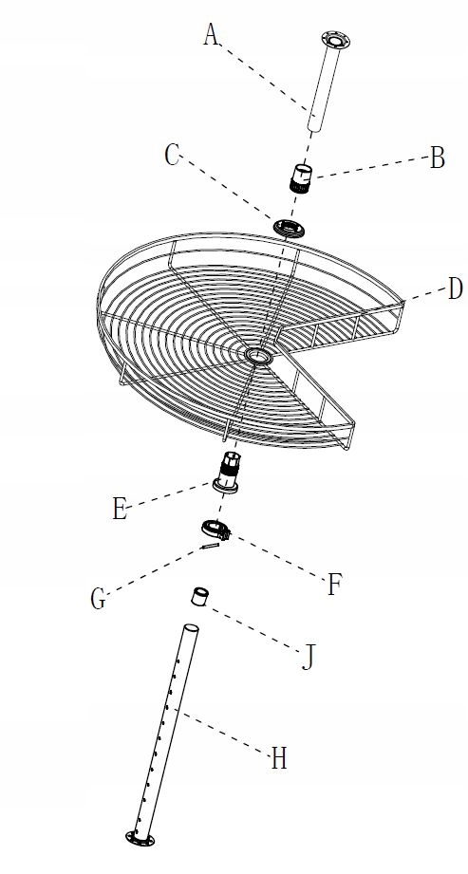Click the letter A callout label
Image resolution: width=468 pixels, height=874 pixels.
pos(211,34)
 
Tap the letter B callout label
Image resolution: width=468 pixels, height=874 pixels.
pos(438,158)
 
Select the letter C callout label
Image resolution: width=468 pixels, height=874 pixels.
pos(172,156)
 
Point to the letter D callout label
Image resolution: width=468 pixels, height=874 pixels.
pos(456,289)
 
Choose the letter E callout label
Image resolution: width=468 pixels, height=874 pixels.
pos(120,510)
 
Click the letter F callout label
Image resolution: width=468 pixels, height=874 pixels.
pos(333,586)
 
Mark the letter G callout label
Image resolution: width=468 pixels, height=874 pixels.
pos(98,600)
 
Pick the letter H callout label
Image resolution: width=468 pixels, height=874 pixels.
pos(279,759)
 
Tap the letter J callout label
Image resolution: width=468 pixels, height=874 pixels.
pos(308,658)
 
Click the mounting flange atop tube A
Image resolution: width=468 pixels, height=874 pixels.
pos(336,40)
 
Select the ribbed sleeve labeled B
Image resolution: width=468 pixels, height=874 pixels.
pos(302,178)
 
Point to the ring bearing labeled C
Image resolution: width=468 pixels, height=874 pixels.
pos(289,228)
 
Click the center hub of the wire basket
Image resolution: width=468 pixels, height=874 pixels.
pos(257,356)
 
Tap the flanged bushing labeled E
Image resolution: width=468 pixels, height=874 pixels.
pos(227,473)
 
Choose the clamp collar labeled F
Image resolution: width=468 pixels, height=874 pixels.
pos(215,529)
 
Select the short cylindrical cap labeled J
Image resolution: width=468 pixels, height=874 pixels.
pos(199,596)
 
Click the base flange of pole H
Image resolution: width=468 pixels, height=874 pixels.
pos(140,838)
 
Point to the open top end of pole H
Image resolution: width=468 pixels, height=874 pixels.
pos(192,627)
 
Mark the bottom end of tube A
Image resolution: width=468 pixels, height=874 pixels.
pos(314,129)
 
